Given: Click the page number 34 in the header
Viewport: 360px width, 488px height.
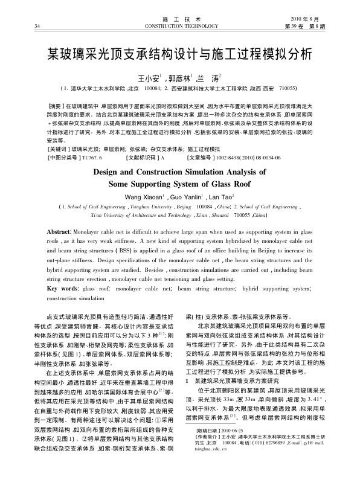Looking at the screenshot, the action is [37, 26].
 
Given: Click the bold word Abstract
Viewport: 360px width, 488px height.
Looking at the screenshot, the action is [61, 232].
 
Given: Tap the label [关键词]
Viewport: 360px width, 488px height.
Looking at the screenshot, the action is [59, 148].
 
